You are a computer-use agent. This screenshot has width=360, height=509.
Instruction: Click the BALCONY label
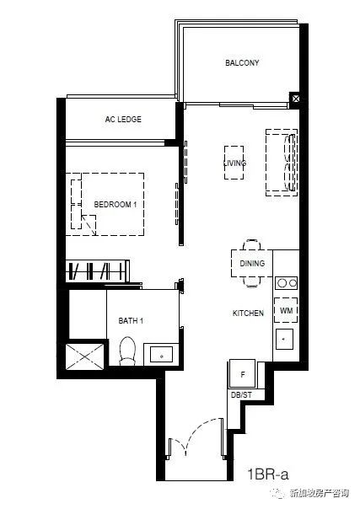242,62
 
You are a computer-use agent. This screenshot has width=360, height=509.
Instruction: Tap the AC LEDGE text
123,119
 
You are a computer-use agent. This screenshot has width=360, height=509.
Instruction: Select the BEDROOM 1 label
116,205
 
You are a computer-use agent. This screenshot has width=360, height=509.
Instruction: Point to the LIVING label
234,163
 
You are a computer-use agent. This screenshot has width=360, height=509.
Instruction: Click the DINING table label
252,263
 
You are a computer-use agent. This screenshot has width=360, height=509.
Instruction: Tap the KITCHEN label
248,313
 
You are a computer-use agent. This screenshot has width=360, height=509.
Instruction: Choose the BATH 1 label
131,321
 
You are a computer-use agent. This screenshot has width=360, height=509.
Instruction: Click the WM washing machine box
286,310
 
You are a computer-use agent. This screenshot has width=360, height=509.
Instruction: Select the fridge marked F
243,373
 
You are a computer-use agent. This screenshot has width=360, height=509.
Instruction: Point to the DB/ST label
241,395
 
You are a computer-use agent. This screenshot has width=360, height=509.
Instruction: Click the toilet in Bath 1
127,351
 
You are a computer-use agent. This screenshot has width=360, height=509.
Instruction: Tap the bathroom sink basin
162,355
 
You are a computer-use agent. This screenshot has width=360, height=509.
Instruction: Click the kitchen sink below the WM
284,340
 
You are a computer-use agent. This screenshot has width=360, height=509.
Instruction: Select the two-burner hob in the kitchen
287,283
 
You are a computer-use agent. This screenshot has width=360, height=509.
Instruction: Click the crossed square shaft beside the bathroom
84,356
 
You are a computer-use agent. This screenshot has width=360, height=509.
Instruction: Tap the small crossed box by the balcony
295,99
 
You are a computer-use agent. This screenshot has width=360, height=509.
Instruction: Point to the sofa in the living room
282,163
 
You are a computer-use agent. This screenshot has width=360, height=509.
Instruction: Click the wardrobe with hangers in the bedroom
98,271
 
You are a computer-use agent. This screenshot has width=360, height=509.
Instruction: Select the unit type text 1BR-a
268,474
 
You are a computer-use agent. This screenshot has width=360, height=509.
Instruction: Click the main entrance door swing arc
202,428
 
